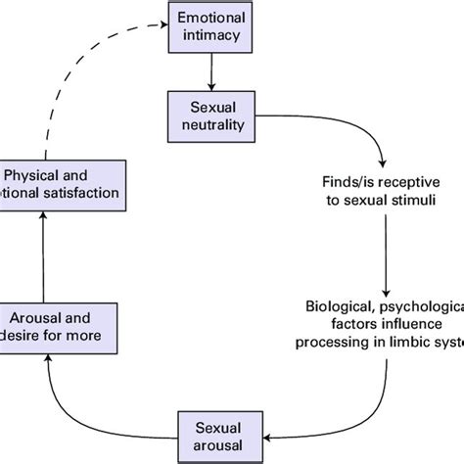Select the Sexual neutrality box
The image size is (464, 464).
click(210, 115)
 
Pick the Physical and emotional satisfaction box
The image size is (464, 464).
click(62, 186)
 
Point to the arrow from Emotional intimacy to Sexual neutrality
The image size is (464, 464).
click(210, 71)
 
